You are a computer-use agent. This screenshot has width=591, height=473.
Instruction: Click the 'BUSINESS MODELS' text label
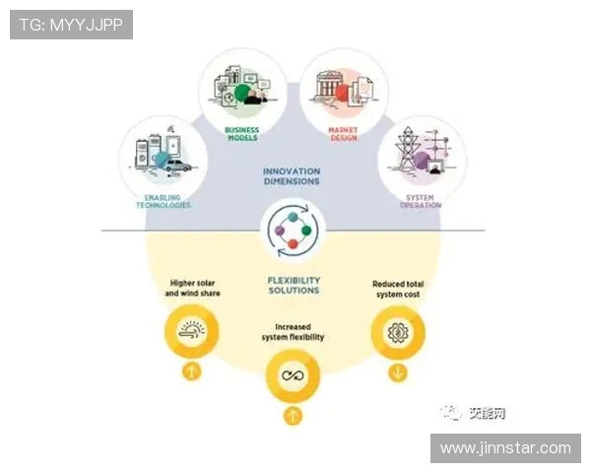coord(241,133)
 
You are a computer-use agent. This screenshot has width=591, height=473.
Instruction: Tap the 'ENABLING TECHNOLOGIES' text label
coord(161,201)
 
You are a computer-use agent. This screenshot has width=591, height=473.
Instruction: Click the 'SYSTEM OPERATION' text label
coord(421,201)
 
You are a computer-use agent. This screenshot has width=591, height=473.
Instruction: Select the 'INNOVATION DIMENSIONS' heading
coord(292,176)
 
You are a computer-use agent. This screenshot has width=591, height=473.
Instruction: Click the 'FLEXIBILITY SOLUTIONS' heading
coord(293,286)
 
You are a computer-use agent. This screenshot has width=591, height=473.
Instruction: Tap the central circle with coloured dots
coord(292,232)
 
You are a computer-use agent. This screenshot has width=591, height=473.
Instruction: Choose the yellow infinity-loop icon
coord(293,375)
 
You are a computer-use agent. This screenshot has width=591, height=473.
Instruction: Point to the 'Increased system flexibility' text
coord(293,332)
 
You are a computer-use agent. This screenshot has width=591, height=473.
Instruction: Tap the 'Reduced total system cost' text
coord(398,289)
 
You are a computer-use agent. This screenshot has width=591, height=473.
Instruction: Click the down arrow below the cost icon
coord(397,372)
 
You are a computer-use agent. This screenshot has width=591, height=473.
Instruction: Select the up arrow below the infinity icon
coord(293,415)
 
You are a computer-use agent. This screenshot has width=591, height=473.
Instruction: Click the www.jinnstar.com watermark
coord(505,447)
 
